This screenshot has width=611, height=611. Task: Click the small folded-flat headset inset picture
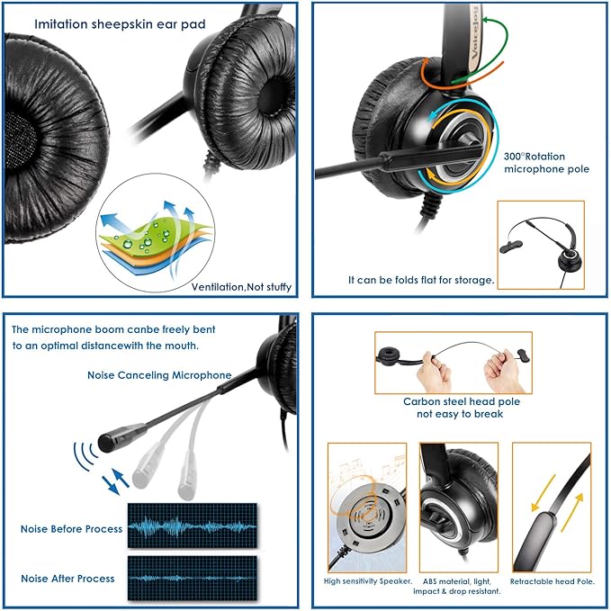pyautogui.click(x=540, y=244)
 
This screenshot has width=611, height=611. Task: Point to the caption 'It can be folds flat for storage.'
pyautogui.click(x=421, y=280)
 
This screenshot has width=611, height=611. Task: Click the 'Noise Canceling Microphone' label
pyautogui.click(x=159, y=374)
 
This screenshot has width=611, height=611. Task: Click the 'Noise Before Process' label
pyautogui.click(x=71, y=529)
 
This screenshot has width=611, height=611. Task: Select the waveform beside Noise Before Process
pyautogui.click(x=191, y=526)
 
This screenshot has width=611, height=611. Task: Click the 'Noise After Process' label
pyautogui.click(x=67, y=578)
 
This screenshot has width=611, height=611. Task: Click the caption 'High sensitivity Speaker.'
pyautogui.click(x=367, y=581)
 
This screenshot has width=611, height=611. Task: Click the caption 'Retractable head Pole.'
pyautogui.click(x=552, y=581)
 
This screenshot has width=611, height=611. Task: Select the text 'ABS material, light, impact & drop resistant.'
pyautogui.click(x=460, y=587)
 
